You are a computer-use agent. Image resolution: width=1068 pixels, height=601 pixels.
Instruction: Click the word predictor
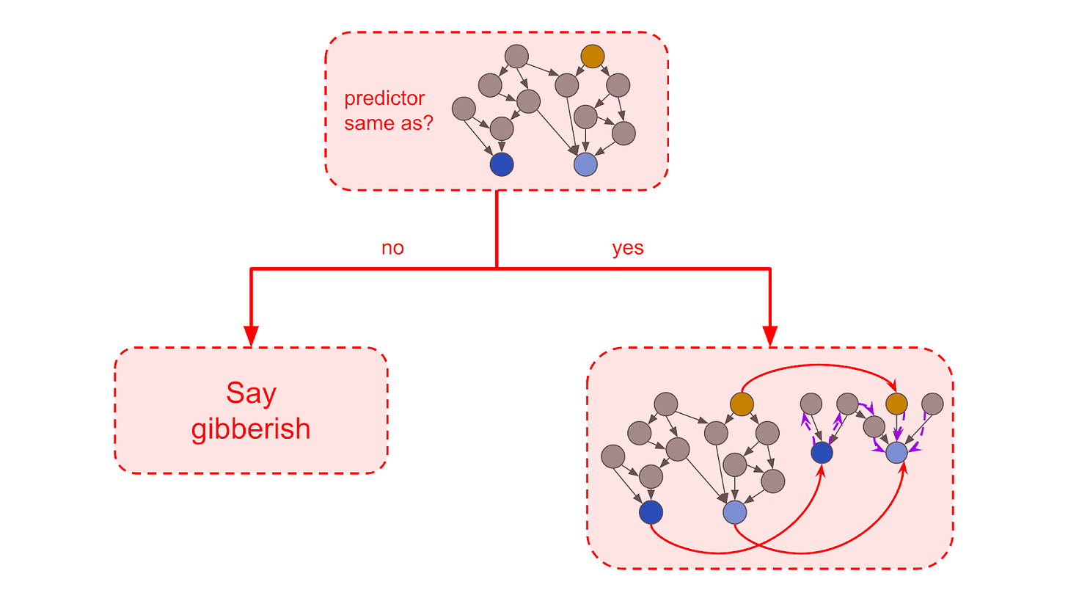point(384,99)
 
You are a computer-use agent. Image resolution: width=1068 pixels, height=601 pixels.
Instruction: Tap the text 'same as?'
point(389,123)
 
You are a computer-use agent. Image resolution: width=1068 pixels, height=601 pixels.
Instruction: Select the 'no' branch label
point(392,248)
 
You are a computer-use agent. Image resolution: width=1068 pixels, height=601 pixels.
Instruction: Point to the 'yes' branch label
point(627,249)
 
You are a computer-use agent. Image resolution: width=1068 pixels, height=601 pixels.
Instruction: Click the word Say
point(252,394)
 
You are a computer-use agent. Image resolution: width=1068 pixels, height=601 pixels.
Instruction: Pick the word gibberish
point(251,429)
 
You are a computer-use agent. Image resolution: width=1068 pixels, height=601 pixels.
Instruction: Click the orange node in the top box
point(593,57)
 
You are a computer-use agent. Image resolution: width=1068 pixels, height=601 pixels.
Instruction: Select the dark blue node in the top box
point(502,164)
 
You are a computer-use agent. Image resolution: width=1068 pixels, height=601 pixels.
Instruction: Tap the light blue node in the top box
point(585,164)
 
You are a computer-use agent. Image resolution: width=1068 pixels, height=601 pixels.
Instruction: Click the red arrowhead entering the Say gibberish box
point(252,336)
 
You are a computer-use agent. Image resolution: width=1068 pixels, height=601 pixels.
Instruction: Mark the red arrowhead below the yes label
point(770,336)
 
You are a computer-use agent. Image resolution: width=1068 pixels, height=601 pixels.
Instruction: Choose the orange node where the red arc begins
point(742,404)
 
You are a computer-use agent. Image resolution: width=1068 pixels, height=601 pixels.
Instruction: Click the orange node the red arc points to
point(896,404)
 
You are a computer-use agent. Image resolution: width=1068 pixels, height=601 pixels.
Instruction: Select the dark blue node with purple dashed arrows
point(822,452)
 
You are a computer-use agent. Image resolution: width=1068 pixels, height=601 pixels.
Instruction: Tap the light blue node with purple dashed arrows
point(896,452)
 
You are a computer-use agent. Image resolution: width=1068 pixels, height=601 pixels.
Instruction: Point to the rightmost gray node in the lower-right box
point(932,404)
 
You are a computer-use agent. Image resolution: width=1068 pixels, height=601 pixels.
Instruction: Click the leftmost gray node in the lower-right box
point(613,456)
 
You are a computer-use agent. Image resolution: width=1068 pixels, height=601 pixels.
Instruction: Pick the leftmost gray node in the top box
point(464,109)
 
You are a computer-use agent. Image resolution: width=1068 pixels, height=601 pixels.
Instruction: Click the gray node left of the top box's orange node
point(516,57)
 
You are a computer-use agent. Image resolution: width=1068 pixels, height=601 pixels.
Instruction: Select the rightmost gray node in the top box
point(623,133)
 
